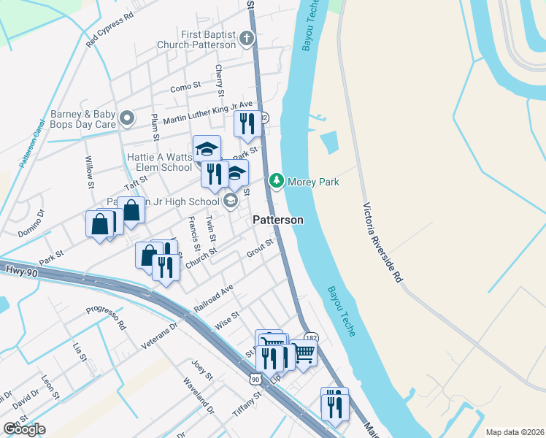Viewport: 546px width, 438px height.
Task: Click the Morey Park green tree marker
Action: point(277,180)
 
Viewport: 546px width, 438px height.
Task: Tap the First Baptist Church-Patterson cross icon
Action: point(247,38)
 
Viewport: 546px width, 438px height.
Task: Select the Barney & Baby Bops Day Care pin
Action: point(128,118)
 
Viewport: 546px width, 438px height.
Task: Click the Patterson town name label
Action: point(278,220)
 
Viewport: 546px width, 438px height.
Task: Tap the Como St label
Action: point(185,87)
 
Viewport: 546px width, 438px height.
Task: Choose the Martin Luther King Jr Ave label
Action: point(207,112)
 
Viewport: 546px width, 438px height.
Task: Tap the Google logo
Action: point(24,429)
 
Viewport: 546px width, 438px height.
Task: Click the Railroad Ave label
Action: point(214,299)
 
